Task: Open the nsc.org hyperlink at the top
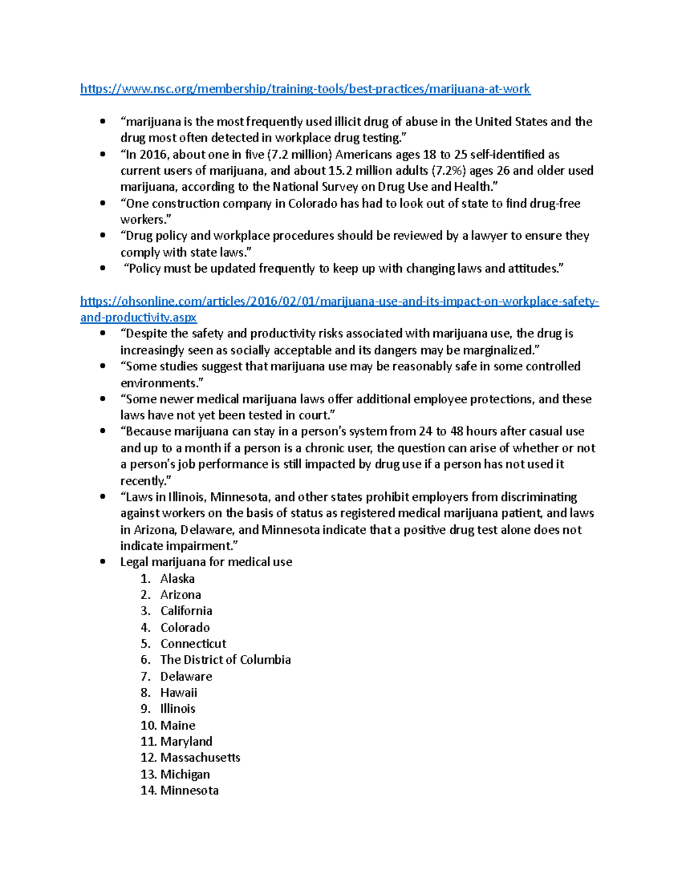[305, 89]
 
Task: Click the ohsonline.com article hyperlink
[339, 302]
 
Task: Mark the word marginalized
[500, 350]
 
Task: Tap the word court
[315, 415]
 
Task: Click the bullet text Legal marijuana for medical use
[206, 562]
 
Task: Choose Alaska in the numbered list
[177, 579]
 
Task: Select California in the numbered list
[186, 611]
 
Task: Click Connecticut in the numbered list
[193, 643]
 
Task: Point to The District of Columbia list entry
[226, 660]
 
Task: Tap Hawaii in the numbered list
[178, 692]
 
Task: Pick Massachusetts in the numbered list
[200, 758]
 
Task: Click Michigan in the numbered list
[185, 774]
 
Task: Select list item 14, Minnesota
[189, 791]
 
